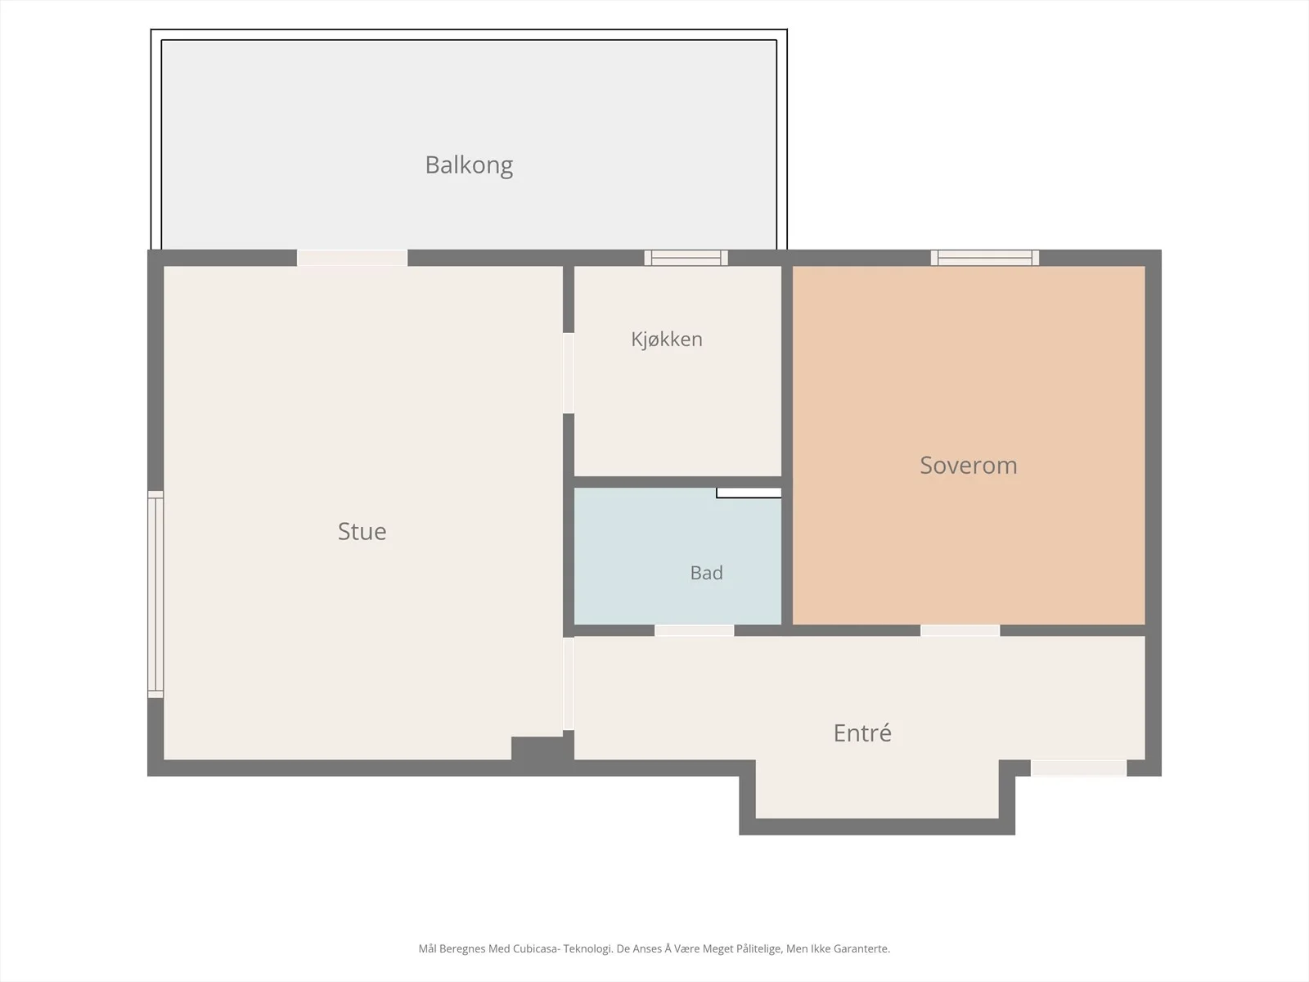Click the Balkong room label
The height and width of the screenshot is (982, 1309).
[x=469, y=165]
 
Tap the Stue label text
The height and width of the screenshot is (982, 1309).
[x=362, y=531]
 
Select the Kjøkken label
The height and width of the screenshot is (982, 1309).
[x=667, y=340]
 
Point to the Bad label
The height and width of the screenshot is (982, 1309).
[x=707, y=572]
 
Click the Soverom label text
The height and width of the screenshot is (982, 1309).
[x=969, y=465]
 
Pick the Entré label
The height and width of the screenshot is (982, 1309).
[x=862, y=732]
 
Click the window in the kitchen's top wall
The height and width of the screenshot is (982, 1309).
[x=686, y=258]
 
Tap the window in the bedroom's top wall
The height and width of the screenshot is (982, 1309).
[x=984, y=258]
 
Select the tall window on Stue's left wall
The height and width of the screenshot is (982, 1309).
[x=155, y=594]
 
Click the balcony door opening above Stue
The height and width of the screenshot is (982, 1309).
[x=353, y=258]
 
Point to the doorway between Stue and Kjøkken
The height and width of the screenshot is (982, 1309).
[x=569, y=372]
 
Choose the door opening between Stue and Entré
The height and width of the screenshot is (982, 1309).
[x=569, y=683]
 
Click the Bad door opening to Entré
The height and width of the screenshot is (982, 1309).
[x=694, y=631]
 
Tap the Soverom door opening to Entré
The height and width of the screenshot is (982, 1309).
[x=960, y=631]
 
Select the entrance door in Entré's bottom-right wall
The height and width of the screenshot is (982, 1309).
[x=1079, y=768]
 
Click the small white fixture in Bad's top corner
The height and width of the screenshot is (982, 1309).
[x=749, y=493]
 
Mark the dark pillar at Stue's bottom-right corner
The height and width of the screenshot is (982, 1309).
[x=538, y=749]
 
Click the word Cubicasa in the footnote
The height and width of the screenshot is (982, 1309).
[x=533, y=948]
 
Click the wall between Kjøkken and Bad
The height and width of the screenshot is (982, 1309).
[x=677, y=482]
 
